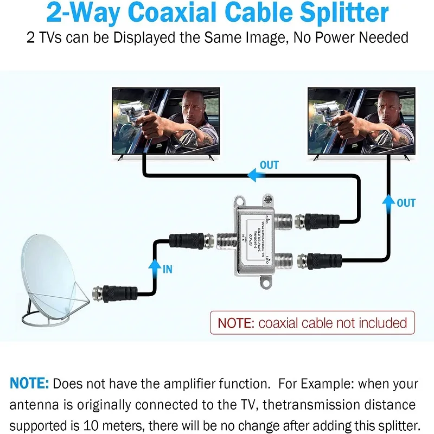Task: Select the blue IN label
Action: tap(167, 269)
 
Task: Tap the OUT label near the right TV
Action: tap(406, 203)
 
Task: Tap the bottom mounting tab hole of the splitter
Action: tap(266, 282)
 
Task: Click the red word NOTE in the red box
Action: tap(235, 323)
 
